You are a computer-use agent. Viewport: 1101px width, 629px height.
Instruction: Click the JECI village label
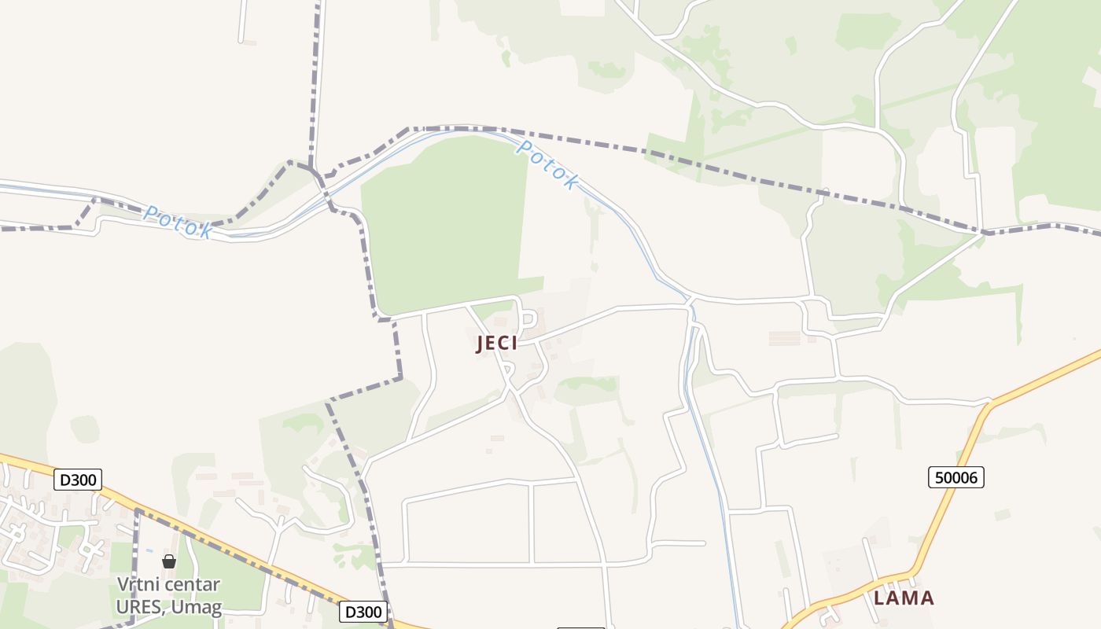click(497, 344)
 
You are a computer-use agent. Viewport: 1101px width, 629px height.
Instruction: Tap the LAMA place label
click(904, 598)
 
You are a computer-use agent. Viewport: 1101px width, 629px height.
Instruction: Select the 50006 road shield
click(956, 477)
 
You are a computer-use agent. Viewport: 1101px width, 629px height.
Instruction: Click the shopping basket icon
click(169, 561)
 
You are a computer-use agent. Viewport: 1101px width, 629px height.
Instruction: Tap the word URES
click(141, 607)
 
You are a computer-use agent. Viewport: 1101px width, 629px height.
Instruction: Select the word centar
click(193, 585)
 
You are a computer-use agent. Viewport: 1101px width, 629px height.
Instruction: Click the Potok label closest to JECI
click(548, 165)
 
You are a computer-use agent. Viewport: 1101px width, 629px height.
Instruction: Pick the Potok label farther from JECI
click(179, 223)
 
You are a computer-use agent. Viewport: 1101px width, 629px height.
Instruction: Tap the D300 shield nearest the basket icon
click(78, 480)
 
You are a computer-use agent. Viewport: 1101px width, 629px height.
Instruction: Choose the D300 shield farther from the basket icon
click(364, 612)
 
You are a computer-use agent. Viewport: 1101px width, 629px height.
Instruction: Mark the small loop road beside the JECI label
click(528, 319)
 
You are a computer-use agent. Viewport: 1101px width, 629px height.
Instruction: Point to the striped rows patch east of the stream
click(784, 338)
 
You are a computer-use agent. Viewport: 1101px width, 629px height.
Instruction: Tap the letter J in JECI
click(480, 344)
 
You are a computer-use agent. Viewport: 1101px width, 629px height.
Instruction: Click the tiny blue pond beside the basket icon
click(148, 550)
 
